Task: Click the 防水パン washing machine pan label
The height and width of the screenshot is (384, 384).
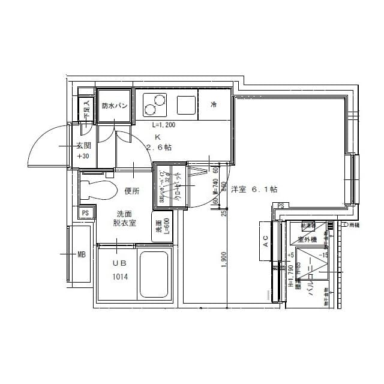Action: click(113, 106)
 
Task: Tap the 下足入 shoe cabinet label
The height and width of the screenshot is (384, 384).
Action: click(86, 110)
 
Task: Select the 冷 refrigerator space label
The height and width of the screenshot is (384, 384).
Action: click(213, 105)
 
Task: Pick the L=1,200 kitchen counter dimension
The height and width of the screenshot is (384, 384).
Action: click(163, 126)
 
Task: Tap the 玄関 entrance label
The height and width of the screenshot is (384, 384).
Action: click(83, 146)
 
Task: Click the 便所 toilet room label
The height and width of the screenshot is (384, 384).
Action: click(132, 191)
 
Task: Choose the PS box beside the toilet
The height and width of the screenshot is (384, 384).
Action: click(85, 213)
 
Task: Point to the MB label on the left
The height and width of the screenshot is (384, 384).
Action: click(81, 254)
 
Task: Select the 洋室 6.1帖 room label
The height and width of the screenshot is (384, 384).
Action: click(254, 189)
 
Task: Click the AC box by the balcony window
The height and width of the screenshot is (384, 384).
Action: click(265, 242)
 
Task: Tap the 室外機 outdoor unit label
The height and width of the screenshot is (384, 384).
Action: click(307, 239)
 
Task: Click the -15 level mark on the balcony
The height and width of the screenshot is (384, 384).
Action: click(323, 254)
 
